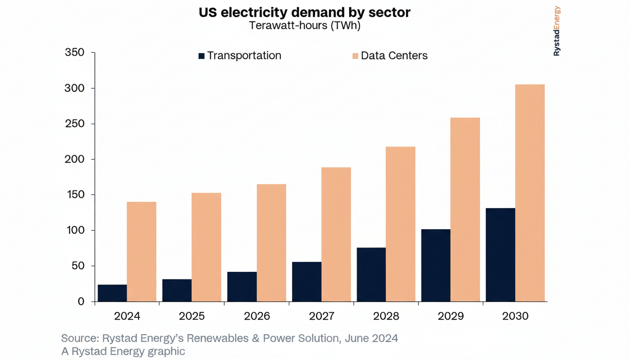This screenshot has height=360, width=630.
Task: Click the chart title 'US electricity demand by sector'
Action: (x=304, y=13)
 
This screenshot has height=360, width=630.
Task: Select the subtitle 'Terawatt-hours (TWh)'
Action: (x=304, y=25)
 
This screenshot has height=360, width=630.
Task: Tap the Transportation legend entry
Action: (x=240, y=56)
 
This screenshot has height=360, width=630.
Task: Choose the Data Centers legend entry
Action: (x=390, y=56)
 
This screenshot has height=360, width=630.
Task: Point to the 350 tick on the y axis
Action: (x=75, y=53)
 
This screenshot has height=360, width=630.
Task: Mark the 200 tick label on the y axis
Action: (x=75, y=159)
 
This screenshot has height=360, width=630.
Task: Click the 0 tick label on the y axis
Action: (x=81, y=302)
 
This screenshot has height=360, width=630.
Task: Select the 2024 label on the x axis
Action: (x=127, y=316)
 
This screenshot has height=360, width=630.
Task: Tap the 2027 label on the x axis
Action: (x=322, y=316)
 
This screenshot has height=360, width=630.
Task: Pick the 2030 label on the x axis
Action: (x=515, y=316)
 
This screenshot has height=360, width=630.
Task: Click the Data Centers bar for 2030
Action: (x=530, y=193)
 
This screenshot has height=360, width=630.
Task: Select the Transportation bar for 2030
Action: (x=500, y=255)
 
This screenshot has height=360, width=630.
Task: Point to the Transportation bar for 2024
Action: (x=112, y=293)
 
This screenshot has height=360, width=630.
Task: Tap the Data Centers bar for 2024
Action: (x=142, y=251)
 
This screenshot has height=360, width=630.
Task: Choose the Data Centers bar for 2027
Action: (x=336, y=234)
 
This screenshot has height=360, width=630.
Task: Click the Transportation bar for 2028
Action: (x=371, y=274)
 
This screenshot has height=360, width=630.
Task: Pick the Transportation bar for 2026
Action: (x=242, y=286)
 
